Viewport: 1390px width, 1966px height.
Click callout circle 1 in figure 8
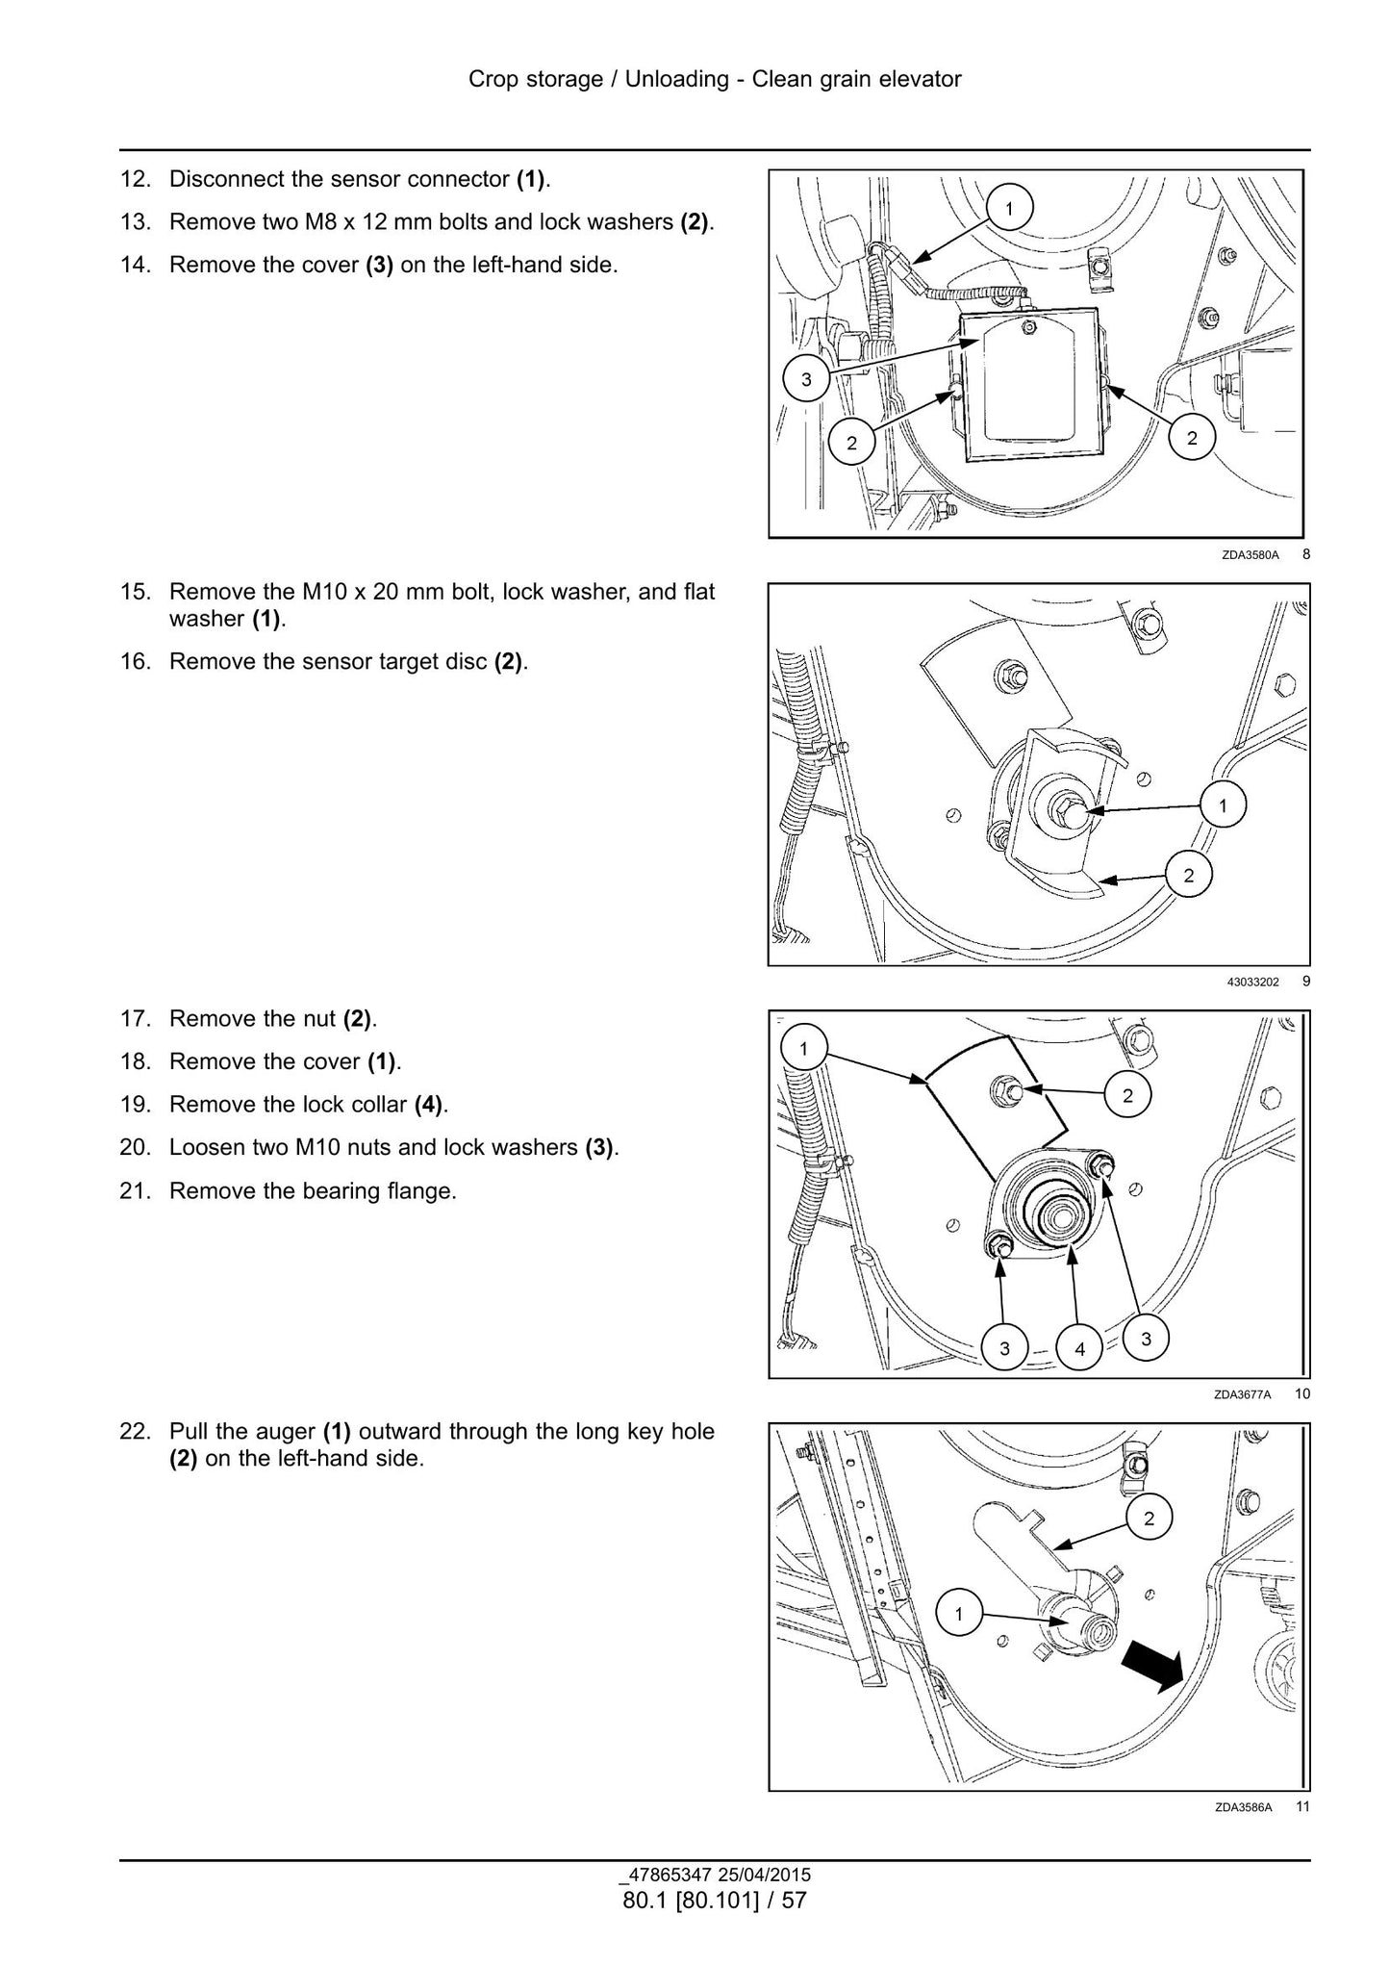(1009, 208)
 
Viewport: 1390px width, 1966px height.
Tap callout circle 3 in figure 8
(806, 379)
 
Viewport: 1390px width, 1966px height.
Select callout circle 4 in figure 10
(1079, 1349)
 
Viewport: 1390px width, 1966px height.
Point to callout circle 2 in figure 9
(1189, 875)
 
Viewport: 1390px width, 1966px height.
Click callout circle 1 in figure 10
(804, 1049)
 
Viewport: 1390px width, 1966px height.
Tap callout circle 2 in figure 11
(1149, 1519)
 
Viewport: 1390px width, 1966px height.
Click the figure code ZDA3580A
(1251, 555)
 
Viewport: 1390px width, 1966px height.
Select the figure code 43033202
(1252, 983)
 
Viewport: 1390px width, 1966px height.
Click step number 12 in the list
(136, 179)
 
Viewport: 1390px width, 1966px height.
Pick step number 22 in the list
(136, 1431)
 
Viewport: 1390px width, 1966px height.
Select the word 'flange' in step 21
(423, 1191)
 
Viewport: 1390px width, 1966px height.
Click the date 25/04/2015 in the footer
(763, 1875)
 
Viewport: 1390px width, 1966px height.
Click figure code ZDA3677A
(1243, 1394)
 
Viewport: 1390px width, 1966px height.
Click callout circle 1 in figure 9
(1223, 805)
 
